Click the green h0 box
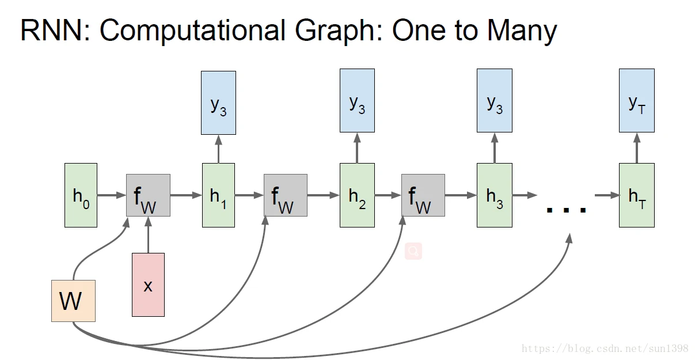pyautogui.click(x=81, y=195)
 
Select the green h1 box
pyautogui.click(x=218, y=195)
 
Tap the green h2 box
pyautogui.click(x=357, y=195)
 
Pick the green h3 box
pyautogui.click(x=495, y=195)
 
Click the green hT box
pyautogui.click(x=636, y=195)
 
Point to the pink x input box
pyautogui.click(x=148, y=285)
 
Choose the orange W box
pyautogui.click(x=73, y=301)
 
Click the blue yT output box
pyautogui.click(x=636, y=100)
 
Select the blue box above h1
pyautogui.click(x=218, y=103)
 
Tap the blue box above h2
pyautogui.click(x=357, y=100)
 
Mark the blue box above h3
pyautogui.click(x=495, y=100)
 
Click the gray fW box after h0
pyautogui.click(x=148, y=195)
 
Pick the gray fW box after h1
pyautogui.click(x=286, y=195)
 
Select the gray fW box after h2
pyautogui.click(x=423, y=195)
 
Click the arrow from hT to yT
pyautogui.click(x=636, y=148)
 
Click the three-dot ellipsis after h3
pyautogui.click(x=566, y=209)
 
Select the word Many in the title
pyautogui.click(x=522, y=31)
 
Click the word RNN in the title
pyautogui.click(x=51, y=31)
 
